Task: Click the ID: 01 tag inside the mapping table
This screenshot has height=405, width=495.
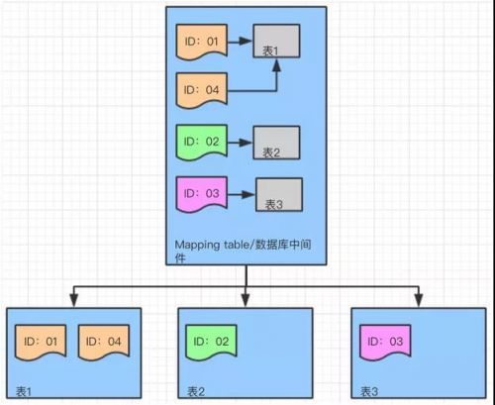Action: click(202, 42)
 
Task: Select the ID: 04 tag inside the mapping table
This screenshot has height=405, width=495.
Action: click(202, 90)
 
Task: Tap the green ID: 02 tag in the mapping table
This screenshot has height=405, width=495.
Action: click(202, 142)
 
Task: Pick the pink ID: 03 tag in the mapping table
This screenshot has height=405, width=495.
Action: click(202, 194)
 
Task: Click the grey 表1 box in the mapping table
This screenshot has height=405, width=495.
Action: click(276, 41)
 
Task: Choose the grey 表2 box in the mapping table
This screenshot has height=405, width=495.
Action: click(276, 143)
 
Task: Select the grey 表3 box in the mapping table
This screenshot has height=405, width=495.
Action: click(279, 195)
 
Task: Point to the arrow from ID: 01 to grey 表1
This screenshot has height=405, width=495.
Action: click(241, 42)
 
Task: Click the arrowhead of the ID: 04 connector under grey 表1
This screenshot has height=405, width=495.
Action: click(276, 64)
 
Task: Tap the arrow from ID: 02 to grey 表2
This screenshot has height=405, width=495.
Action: click(241, 143)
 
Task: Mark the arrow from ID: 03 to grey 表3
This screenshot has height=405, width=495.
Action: click(242, 194)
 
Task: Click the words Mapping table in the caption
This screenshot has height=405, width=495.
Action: click(202, 246)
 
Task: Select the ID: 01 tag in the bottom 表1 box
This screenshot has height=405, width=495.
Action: click(41, 342)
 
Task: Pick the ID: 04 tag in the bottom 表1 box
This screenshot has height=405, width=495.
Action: click(104, 342)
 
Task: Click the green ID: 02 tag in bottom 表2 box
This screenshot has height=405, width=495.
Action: click(211, 342)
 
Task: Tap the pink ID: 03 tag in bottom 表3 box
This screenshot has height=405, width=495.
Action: click(385, 342)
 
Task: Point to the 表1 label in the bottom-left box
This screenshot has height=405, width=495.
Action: click(24, 392)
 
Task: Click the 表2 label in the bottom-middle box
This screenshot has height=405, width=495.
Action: click(196, 392)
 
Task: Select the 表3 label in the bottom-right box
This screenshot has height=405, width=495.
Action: click(369, 392)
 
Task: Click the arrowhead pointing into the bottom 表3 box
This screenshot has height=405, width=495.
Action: click(419, 301)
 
